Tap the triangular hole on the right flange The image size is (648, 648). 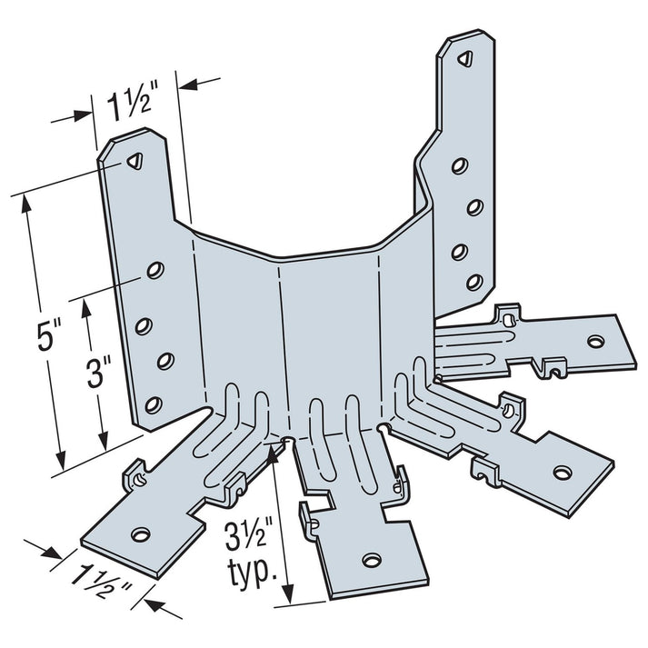click(x=464, y=60)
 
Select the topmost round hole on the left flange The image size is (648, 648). click(x=156, y=270)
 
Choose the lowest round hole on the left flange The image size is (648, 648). click(x=154, y=403)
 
